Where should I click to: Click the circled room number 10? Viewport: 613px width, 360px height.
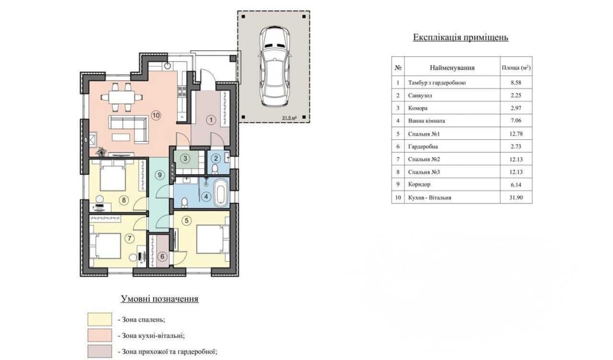tap(156, 115)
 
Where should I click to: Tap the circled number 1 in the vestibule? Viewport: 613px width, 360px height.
tap(211, 120)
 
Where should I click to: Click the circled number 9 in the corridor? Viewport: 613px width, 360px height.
tap(159, 175)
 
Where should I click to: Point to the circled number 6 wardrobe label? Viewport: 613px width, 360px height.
tap(162, 257)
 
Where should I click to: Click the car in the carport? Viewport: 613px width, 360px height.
tap(275, 66)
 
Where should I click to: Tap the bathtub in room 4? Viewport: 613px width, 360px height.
tap(221, 193)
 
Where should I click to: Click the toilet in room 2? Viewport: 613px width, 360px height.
tap(215, 168)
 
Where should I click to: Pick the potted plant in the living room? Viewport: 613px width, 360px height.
tap(102, 151)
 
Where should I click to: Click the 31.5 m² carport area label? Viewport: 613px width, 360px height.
tap(289, 117)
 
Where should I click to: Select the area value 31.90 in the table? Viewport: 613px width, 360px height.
tap(516, 197)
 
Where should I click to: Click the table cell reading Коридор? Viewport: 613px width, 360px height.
tap(419, 185)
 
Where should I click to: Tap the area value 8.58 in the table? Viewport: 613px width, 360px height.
tap(516, 83)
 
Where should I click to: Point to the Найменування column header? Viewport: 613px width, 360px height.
tap(452, 67)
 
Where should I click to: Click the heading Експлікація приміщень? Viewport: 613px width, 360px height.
tap(460, 37)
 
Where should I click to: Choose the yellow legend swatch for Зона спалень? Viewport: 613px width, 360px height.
tap(100, 320)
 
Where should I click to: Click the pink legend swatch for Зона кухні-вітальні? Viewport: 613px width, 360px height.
tap(100, 335)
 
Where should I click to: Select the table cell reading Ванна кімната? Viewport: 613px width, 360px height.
tap(427, 121)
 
